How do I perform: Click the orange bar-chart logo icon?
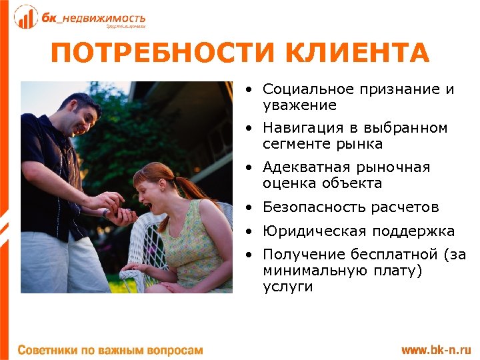coord(26,17)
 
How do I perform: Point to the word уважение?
coord(299,105)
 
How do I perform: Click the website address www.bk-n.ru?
coord(435,349)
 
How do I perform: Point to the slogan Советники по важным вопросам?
coord(109,349)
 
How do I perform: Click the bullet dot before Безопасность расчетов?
coord(249,207)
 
